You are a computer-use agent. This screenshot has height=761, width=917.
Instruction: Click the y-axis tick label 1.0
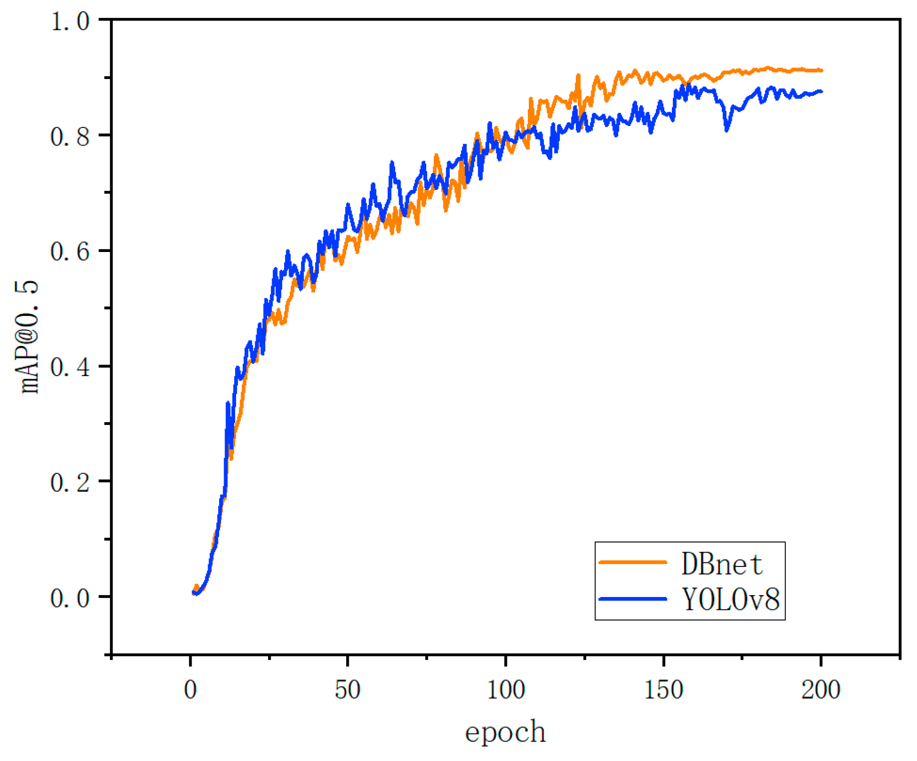pyautogui.click(x=70, y=21)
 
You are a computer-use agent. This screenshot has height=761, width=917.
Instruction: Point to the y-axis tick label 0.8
pyautogui.click(x=70, y=136)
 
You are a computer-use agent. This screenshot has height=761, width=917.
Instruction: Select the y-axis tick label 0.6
pyautogui.click(x=70, y=251)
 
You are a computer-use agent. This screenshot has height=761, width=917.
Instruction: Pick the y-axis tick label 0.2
pyautogui.click(x=70, y=482)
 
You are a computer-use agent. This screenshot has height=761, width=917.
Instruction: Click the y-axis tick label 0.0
pyautogui.click(x=70, y=597)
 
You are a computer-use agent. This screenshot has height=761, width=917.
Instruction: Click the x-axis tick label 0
pyautogui.click(x=191, y=690)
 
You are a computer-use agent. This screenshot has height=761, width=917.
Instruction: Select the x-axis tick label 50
pyautogui.click(x=348, y=690)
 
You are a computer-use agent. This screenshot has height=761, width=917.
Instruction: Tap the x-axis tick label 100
pyautogui.click(x=506, y=690)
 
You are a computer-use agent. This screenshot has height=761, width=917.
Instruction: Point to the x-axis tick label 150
pyautogui.click(x=663, y=690)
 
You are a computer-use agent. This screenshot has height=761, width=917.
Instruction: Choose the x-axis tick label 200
pyautogui.click(x=821, y=690)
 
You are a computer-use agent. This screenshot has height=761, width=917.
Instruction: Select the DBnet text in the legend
pyautogui.click(x=721, y=564)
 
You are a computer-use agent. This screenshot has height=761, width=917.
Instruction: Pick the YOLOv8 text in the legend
pyautogui.click(x=730, y=599)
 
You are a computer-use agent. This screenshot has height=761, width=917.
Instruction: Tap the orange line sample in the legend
pyautogui.click(x=633, y=562)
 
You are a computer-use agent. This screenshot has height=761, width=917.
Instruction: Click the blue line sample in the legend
pyautogui.click(x=633, y=598)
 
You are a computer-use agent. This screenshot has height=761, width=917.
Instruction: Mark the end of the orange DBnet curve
pyautogui.click(x=821, y=70)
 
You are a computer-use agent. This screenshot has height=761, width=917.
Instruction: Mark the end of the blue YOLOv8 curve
pyautogui.click(x=821, y=91)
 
